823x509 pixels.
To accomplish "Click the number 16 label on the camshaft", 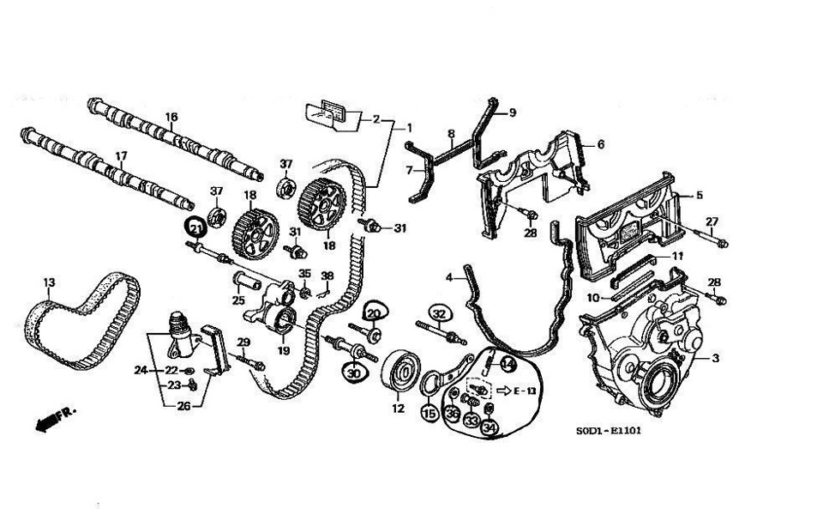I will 171,117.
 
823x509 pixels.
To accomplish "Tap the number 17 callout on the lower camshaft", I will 121,156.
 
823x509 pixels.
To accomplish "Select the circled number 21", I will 196,227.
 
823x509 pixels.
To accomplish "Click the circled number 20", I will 374,313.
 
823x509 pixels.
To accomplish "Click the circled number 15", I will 430,414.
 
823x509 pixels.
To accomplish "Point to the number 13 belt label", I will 49,282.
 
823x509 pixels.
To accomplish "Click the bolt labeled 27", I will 721,243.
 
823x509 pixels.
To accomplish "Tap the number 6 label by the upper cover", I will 600,145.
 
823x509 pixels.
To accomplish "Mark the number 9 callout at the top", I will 512,112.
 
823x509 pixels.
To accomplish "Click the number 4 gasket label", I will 448,276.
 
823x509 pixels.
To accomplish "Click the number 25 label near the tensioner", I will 237,300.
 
